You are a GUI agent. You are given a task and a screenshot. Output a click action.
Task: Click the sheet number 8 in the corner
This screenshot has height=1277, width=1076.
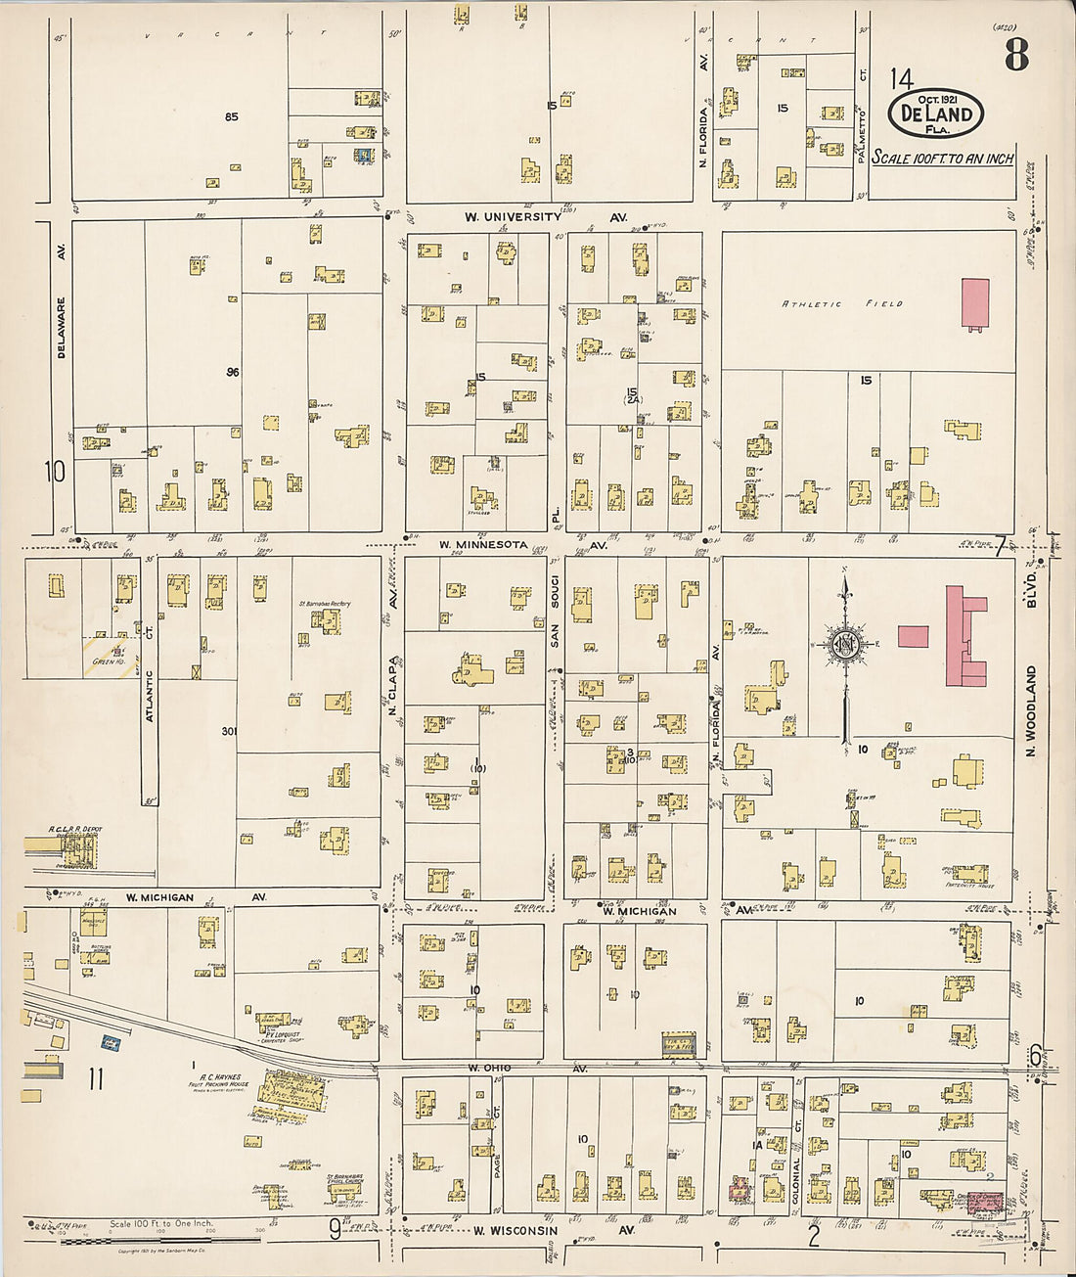(x=1015, y=56)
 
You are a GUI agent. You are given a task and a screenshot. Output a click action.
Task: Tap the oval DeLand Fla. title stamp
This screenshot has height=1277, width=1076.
(x=935, y=113)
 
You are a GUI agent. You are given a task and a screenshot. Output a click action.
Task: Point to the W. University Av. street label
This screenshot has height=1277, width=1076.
(x=545, y=217)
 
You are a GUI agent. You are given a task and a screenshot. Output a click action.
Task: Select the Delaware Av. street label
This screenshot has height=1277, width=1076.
(x=61, y=328)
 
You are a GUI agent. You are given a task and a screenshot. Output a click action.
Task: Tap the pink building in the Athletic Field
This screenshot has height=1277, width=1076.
(x=975, y=303)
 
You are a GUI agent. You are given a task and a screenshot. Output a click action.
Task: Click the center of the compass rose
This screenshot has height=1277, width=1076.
(x=844, y=646)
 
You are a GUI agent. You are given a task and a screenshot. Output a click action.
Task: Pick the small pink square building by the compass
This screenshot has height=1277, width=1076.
(x=913, y=636)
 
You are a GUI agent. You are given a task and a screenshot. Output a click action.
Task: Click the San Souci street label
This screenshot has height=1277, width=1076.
(x=554, y=621)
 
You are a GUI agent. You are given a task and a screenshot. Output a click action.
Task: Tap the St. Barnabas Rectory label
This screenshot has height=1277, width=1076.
(x=325, y=604)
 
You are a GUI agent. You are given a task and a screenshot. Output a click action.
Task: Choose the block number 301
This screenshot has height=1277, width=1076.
(x=229, y=731)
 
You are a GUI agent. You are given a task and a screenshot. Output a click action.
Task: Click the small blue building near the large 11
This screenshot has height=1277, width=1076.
(x=111, y=1044)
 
